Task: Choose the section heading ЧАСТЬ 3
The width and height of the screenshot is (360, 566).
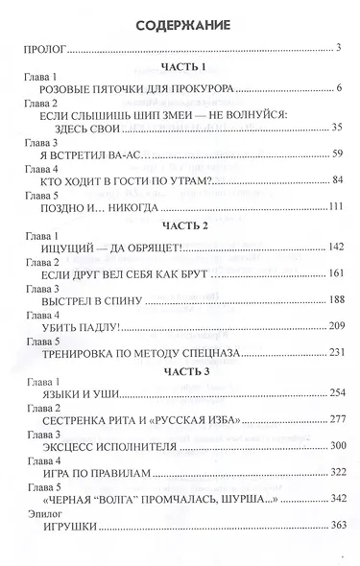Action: (x=180, y=371)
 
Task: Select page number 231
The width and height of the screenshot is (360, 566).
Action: (x=334, y=353)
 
